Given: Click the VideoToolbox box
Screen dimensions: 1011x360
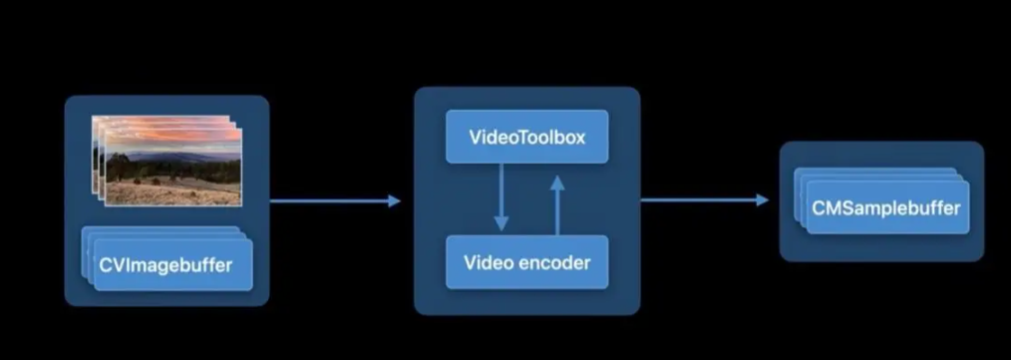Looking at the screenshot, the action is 526,137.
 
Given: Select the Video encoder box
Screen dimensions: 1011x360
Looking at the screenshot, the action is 526,262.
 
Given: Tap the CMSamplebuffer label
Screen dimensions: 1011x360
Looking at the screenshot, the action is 886,207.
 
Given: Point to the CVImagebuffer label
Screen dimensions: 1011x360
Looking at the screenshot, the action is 166,264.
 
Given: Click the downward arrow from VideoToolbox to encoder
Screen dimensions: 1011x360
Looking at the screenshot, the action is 502,197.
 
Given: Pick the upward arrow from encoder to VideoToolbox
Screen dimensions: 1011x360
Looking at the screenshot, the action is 557,204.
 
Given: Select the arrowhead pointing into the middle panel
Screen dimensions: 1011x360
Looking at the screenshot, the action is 393,201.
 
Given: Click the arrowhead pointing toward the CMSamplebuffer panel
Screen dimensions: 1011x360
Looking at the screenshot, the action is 762,200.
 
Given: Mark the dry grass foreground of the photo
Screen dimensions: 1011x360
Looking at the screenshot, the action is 174,192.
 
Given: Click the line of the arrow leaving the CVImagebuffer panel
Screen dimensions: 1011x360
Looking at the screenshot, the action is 328,201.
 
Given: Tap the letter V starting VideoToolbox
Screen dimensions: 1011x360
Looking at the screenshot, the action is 476,137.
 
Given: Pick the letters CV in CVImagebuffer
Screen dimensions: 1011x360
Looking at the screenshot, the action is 110,264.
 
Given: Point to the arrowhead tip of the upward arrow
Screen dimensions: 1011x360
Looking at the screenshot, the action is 557,176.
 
